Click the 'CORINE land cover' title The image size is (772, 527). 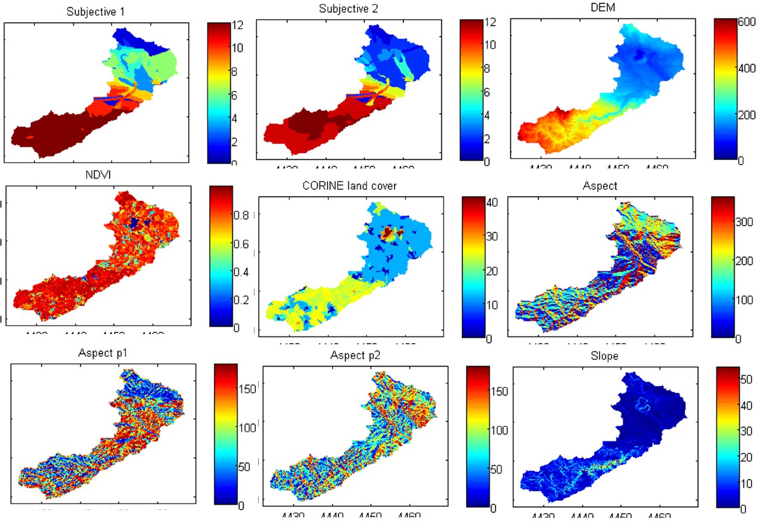[x=349, y=186]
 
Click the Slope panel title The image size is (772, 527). [x=605, y=356]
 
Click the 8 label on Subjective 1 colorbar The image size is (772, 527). [x=230, y=72]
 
